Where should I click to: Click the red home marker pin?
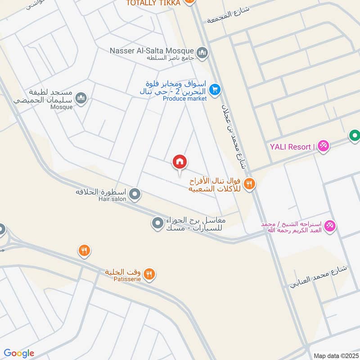pyautogui.click(x=180, y=162)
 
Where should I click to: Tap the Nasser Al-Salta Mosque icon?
pyautogui.click(x=202, y=52)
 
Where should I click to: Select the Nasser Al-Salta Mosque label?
pyautogui.click(x=152, y=50)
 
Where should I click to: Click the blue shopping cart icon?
pyautogui.click(x=215, y=89)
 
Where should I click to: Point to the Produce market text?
pyautogui.click(x=184, y=99)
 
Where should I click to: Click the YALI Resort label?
pyautogui.click(x=291, y=147)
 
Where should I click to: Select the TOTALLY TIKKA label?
pyautogui.click(x=153, y=3)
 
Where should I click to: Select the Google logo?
pyautogui.click(x=19, y=353)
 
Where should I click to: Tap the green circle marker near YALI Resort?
pyautogui.click(x=355, y=135)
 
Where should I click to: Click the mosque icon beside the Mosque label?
pyautogui.click(x=81, y=98)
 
